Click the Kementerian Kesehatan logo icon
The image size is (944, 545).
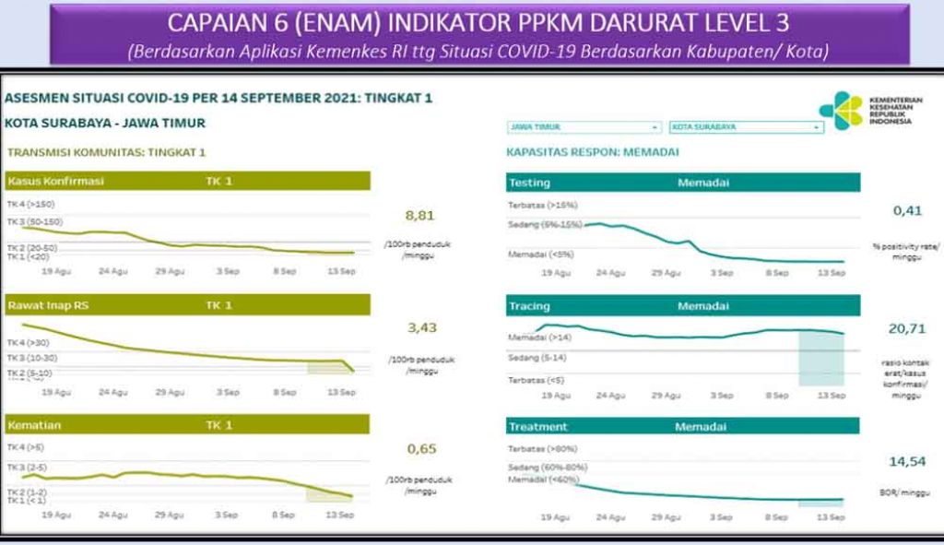[840, 110]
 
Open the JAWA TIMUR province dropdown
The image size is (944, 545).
[584, 127]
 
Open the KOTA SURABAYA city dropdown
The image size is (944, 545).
[746, 127]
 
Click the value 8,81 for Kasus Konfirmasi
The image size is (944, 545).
[419, 216]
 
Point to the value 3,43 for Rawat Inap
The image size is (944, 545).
[420, 327]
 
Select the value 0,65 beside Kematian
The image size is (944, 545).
[420, 449]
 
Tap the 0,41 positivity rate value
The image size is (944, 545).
[907, 211]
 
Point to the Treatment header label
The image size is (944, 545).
[537, 427]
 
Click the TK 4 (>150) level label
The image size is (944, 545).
[30, 204]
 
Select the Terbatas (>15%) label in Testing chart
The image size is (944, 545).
[542, 205]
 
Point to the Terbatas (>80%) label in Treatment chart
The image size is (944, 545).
[542, 449]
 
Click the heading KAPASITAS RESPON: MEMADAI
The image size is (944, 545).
[593, 152]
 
